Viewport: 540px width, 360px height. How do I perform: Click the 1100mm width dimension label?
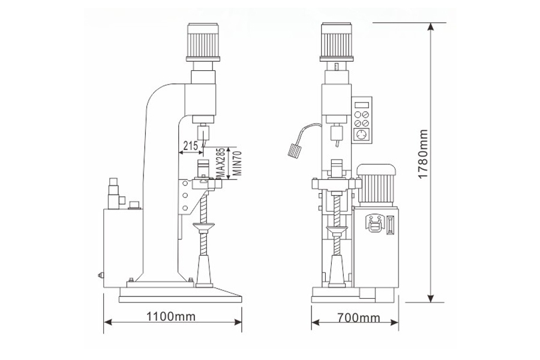[171, 316]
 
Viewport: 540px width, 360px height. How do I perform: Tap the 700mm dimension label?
[359, 317]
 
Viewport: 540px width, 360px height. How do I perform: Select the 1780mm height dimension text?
[423, 154]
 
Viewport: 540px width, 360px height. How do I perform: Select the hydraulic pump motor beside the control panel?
[376, 185]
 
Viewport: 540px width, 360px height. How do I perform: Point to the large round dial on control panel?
[362, 136]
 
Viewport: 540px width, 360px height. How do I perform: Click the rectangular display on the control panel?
[362, 105]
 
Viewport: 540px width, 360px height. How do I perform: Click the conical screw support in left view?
[204, 271]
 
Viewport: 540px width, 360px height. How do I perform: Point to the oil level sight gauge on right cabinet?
[390, 225]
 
